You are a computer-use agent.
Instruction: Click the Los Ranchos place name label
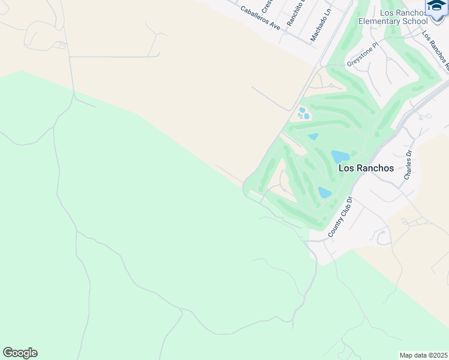coord(366,168)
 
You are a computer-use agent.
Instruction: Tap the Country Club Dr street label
coord(340,217)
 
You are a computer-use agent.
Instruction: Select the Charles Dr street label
coord(408,165)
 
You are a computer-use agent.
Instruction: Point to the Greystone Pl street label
coord(363,54)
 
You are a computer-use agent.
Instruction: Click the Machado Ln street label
coord(321,28)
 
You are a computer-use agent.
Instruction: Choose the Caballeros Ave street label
coord(261,19)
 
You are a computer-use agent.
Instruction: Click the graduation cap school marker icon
coord(437,7)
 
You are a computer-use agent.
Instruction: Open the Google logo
coord(20,353)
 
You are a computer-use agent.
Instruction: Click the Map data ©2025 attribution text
coord(424,355)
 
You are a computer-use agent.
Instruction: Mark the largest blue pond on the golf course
coord(340,157)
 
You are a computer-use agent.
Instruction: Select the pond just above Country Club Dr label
coord(324,193)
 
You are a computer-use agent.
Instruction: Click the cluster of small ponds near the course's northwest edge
coord(303,113)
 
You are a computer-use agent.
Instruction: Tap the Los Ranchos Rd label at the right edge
coord(436,47)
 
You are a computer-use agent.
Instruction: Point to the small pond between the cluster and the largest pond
coord(313,137)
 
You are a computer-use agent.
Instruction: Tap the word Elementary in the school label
coord(382,22)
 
